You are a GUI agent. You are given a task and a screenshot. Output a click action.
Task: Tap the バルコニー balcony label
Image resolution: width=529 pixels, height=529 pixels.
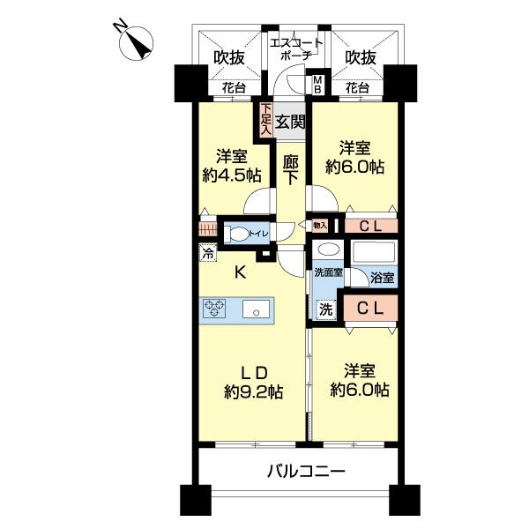tap(306, 472)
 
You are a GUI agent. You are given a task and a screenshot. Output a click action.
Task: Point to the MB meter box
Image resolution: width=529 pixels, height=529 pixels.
tap(318, 85)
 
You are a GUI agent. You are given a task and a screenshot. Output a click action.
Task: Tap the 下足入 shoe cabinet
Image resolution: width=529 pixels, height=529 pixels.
tap(264, 119)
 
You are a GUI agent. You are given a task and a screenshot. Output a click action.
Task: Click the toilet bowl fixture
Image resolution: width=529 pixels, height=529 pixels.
tap(237, 235)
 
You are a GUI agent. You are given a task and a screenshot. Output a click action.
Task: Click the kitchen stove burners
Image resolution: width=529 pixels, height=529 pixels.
tap(215, 309)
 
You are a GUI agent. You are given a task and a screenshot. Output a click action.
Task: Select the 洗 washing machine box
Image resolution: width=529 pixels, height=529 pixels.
tap(325, 309)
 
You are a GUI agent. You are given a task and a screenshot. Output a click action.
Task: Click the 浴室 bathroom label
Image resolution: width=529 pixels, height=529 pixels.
tap(382, 278)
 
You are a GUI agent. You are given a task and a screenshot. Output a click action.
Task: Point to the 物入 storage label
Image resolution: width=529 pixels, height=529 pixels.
tap(320, 226)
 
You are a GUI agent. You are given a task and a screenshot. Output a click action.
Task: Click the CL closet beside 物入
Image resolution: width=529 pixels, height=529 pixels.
tap(370, 226)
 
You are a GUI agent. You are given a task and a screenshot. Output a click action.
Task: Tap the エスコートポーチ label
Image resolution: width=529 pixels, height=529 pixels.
tap(295, 48)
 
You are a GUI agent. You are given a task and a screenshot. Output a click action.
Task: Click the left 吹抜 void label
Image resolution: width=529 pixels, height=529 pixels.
tap(228, 57)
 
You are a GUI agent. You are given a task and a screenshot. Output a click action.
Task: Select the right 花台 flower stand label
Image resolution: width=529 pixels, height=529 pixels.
tap(356, 88)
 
